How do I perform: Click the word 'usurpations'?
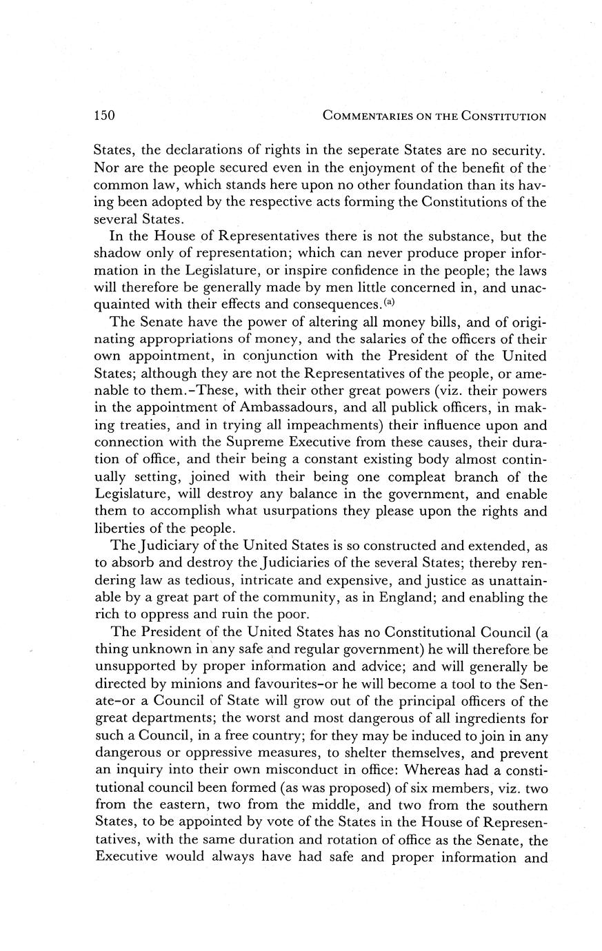(309, 511)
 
